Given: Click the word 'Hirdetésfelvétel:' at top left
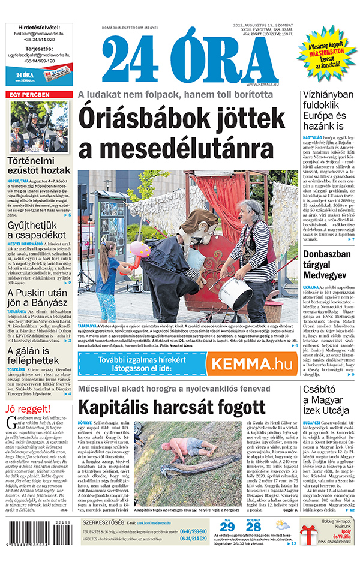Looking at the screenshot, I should (x=39, y=27).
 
